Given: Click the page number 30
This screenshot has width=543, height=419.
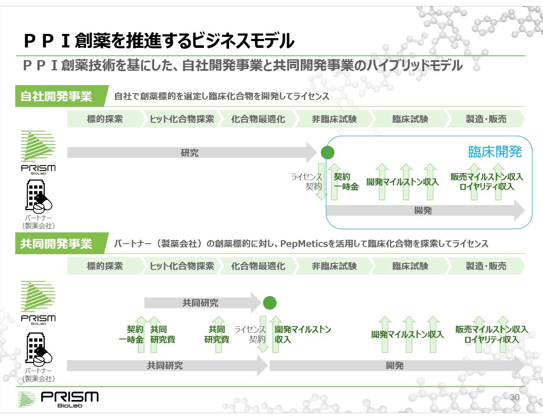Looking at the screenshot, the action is (515, 397).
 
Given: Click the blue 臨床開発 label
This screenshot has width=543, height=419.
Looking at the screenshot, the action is (495, 152).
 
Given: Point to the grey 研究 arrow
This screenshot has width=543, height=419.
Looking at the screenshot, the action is (192, 153).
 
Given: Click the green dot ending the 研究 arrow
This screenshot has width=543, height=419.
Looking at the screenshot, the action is (327, 153).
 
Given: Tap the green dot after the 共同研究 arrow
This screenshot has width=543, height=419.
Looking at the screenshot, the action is (270, 303).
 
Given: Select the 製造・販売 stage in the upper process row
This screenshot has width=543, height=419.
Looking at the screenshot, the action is (486, 119).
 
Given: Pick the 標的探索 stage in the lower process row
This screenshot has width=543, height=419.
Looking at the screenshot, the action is (105, 266).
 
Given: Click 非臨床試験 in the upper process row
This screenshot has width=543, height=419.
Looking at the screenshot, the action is (334, 119).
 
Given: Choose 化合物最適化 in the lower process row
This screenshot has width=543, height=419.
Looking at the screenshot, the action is (258, 266).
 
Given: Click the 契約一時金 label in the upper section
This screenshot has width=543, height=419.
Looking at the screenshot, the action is (346, 182).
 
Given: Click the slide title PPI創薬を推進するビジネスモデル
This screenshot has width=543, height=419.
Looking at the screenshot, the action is (159, 41).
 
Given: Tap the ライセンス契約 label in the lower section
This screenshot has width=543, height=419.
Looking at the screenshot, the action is (250, 334).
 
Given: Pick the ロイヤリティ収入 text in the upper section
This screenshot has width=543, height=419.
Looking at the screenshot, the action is (487, 187).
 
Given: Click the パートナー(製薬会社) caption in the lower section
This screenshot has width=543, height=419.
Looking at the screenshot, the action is (39, 375).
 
